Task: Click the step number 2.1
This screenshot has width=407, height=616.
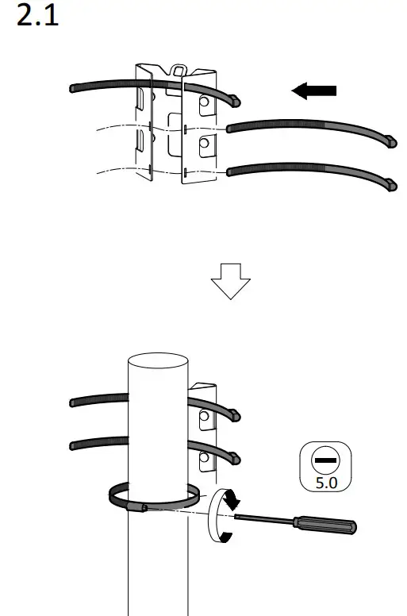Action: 38,17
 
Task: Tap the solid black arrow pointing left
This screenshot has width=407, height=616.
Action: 313,90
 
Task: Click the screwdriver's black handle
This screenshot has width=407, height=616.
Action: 325,524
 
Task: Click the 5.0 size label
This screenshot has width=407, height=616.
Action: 324,481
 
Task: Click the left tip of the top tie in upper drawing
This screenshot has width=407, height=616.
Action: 74,87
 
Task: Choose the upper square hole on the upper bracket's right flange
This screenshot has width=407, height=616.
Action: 205,102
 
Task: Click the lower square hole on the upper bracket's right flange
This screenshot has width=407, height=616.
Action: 205,144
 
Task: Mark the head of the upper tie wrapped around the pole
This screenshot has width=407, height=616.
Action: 236,414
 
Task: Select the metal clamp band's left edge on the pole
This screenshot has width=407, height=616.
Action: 112,497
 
